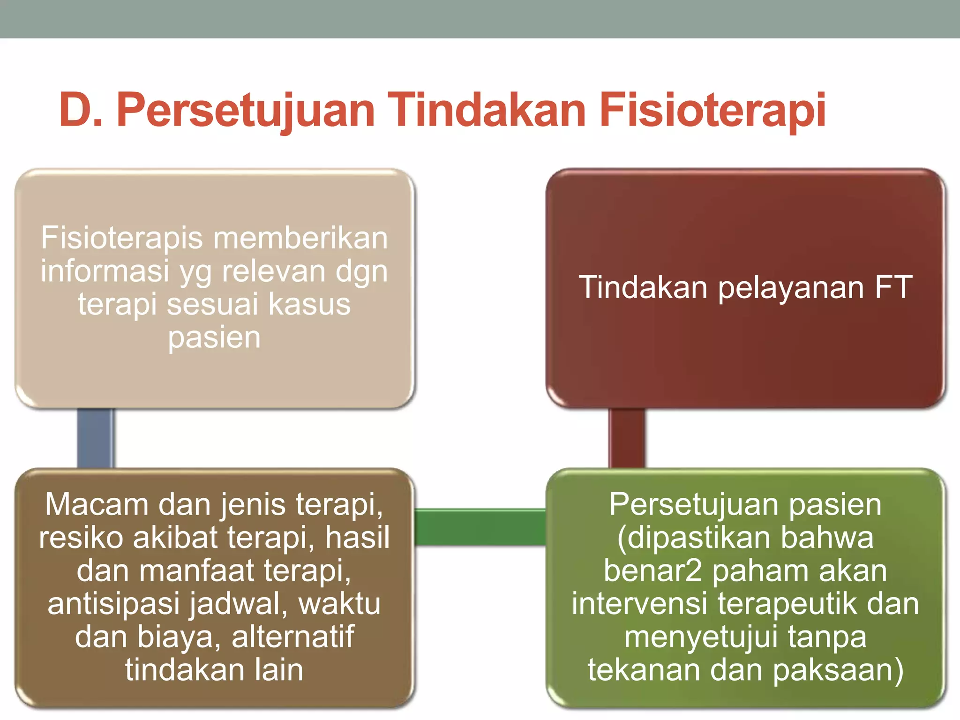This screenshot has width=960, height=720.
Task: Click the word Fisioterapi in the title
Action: pos(712,111)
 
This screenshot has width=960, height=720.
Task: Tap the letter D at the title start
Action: pos(76,111)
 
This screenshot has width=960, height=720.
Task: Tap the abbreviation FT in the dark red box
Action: pos(893,287)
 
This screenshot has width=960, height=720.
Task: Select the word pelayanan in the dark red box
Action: pos(791,288)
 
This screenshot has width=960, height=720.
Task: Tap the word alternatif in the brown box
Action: pos(293,637)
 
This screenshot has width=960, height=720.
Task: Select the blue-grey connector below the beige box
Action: pos(96,438)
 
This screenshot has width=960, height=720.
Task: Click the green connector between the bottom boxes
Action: pos(480,527)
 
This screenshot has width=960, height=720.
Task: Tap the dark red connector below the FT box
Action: pos(627,438)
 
